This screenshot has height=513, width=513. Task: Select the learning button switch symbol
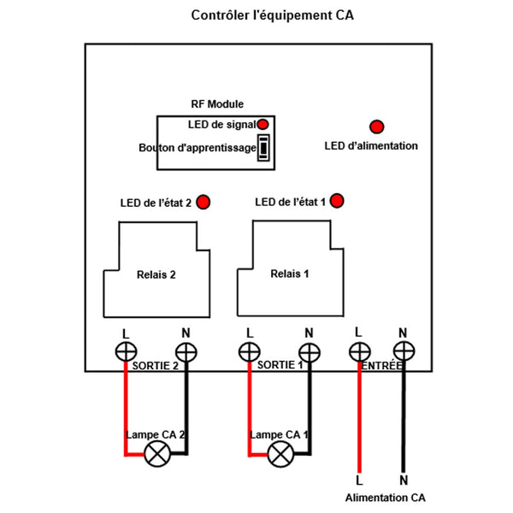(265, 147)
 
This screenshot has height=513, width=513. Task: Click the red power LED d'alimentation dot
(375, 126)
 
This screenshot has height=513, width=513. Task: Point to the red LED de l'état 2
(203, 202)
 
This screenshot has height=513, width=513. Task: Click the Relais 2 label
(156, 275)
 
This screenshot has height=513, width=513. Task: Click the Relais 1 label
(290, 274)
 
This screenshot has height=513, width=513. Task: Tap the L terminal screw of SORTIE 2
(126, 351)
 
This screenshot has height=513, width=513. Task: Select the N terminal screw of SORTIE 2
(186, 351)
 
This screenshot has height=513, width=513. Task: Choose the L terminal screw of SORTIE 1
(249, 351)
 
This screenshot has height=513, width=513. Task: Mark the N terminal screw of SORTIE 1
(309, 351)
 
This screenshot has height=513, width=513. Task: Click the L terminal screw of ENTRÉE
(359, 351)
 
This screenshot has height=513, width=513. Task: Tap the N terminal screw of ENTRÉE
(403, 351)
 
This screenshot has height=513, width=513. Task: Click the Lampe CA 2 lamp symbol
(156, 454)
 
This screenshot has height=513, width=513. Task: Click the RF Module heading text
(216, 103)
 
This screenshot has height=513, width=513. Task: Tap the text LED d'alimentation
(371, 146)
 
